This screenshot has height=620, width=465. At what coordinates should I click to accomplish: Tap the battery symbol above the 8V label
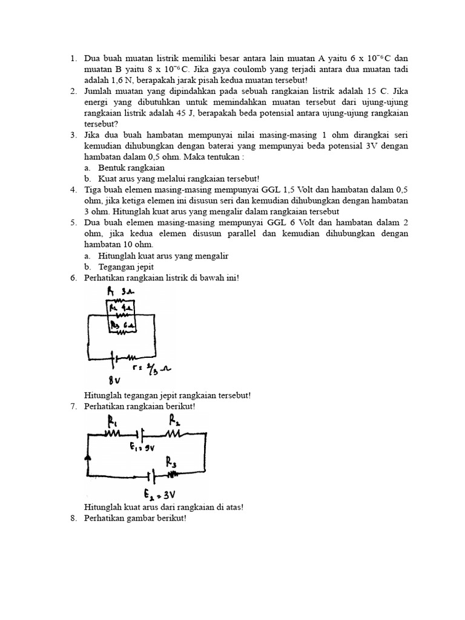[x=116, y=358]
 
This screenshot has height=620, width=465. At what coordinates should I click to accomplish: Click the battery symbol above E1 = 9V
[x=139, y=434]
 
